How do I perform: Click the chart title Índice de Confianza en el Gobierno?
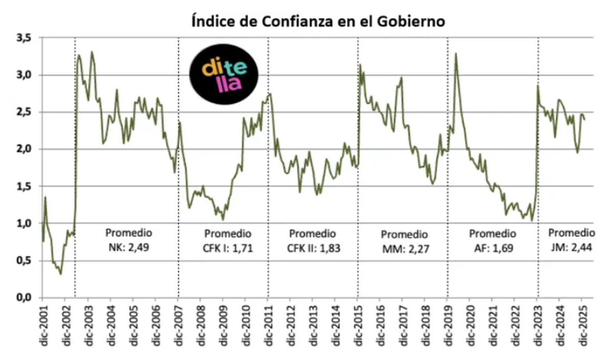pyautogui.click(x=317, y=22)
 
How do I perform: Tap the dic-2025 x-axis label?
pyautogui.click(x=582, y=325)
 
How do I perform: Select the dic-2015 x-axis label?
pyautogui.click(x=358, y=325)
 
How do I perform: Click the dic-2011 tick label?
pyautogui.click(x=268, y=325)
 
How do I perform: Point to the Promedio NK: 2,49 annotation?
pyautogui.click(x=129, y=240)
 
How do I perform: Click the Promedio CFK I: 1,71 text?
pyautogui.click(x=228, y=241)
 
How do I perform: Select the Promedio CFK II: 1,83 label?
pyautogui.click(x=313, y=241)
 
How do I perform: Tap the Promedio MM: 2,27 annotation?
pyautogui.click(x=404, y=242)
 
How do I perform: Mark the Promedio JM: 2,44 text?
pyautogui.click(x=572, y=240)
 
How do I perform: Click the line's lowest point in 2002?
pyautogui.click(x=61, y=274)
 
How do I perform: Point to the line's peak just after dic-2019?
pyautogui.click(x=455, y=53)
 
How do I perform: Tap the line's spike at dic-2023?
pyautogui.click(x=538, y=85)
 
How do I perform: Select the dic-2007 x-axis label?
pyautogui.click(x=178, y=325)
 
